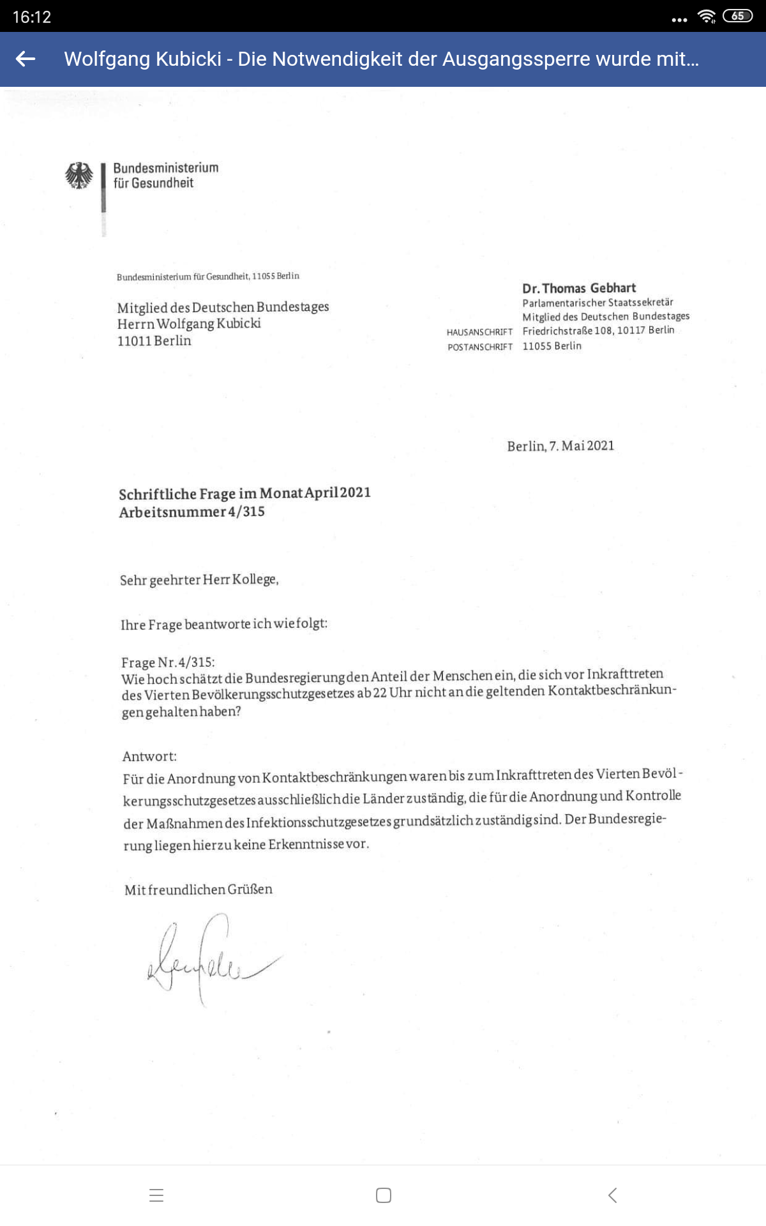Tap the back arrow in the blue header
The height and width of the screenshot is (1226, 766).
pyautogui.click(x=26, y=59)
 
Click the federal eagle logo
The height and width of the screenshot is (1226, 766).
pyautogui.click(x=79, y=176)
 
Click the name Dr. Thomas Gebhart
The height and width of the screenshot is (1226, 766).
pyautogui.click(x=578, y=288)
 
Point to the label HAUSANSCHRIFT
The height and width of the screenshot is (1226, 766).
pyautogui.click(x=479, y=332)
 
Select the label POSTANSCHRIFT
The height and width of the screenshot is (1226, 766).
pyautogui.click(x=480, y=347)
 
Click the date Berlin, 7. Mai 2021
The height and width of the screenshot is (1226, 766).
pyautogui.click(x=560, y=446)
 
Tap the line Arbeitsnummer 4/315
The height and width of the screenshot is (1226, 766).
pyautogui.click(x=191, y=512)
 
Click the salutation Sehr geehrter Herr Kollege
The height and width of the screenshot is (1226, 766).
pyautogui.click(x=199, y=580)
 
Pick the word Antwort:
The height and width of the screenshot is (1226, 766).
pyautogui.click(x=149, y=757)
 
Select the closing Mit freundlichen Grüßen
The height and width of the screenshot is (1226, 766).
pyautogui.click(x=199, y=889)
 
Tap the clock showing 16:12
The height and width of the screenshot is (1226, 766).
pyautogui.click(x=32, y=17)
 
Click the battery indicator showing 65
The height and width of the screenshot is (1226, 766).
pyautogui.click(x=737, y=16)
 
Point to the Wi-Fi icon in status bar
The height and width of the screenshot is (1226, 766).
pyautogui.click(x=707, y=17)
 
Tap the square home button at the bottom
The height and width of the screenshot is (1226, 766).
pyautogui.click(x=384, y=1195)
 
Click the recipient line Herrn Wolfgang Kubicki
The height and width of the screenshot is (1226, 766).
pyautogui.click(x=189, y=324)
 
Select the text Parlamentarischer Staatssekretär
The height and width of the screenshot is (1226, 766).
pyautogui.click(x=597, y=303)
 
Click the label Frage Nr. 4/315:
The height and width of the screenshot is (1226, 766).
pyautogui.click(x=168, y=662)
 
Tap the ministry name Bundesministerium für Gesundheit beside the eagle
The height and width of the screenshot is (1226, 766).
pyautogui.click(x=165, y=176)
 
